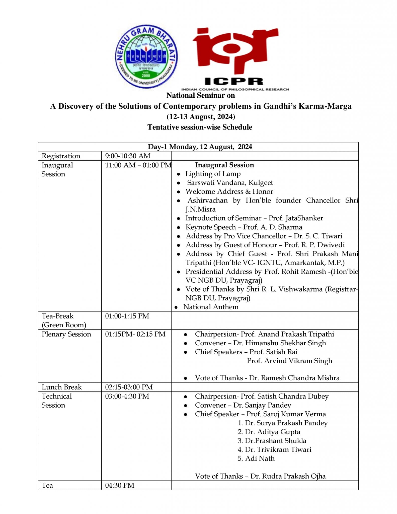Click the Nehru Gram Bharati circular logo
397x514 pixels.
[x=146, y=56]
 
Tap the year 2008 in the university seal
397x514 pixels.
[x=146, y=75]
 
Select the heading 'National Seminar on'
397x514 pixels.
[x=201, y=95]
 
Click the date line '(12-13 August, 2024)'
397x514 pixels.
[x=201, y=117]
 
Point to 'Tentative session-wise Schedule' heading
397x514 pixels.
[x=200, y=127]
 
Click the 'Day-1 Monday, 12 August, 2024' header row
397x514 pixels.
[x=200, y=147]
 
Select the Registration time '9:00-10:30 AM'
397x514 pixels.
[x=128, y=156]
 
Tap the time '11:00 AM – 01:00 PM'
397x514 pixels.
[x=138, y=165]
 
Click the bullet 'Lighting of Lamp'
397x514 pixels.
[x=213, y=174]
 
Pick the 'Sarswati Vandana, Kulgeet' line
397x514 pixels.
[x=230, y=183]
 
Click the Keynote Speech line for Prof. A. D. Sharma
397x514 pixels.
[x=244, y=227]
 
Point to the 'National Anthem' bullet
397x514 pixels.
[x=211, y=307]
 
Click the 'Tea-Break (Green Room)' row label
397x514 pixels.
[x=64, y=320]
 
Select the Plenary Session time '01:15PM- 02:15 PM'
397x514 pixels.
[x=135, y=334]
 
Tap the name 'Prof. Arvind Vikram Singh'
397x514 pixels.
[x=289, y=361]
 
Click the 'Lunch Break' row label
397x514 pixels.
[x=62, y=387]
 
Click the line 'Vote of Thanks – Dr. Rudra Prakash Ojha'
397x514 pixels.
[x=260, y=476]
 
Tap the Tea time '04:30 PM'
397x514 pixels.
[x=120, y=485]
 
